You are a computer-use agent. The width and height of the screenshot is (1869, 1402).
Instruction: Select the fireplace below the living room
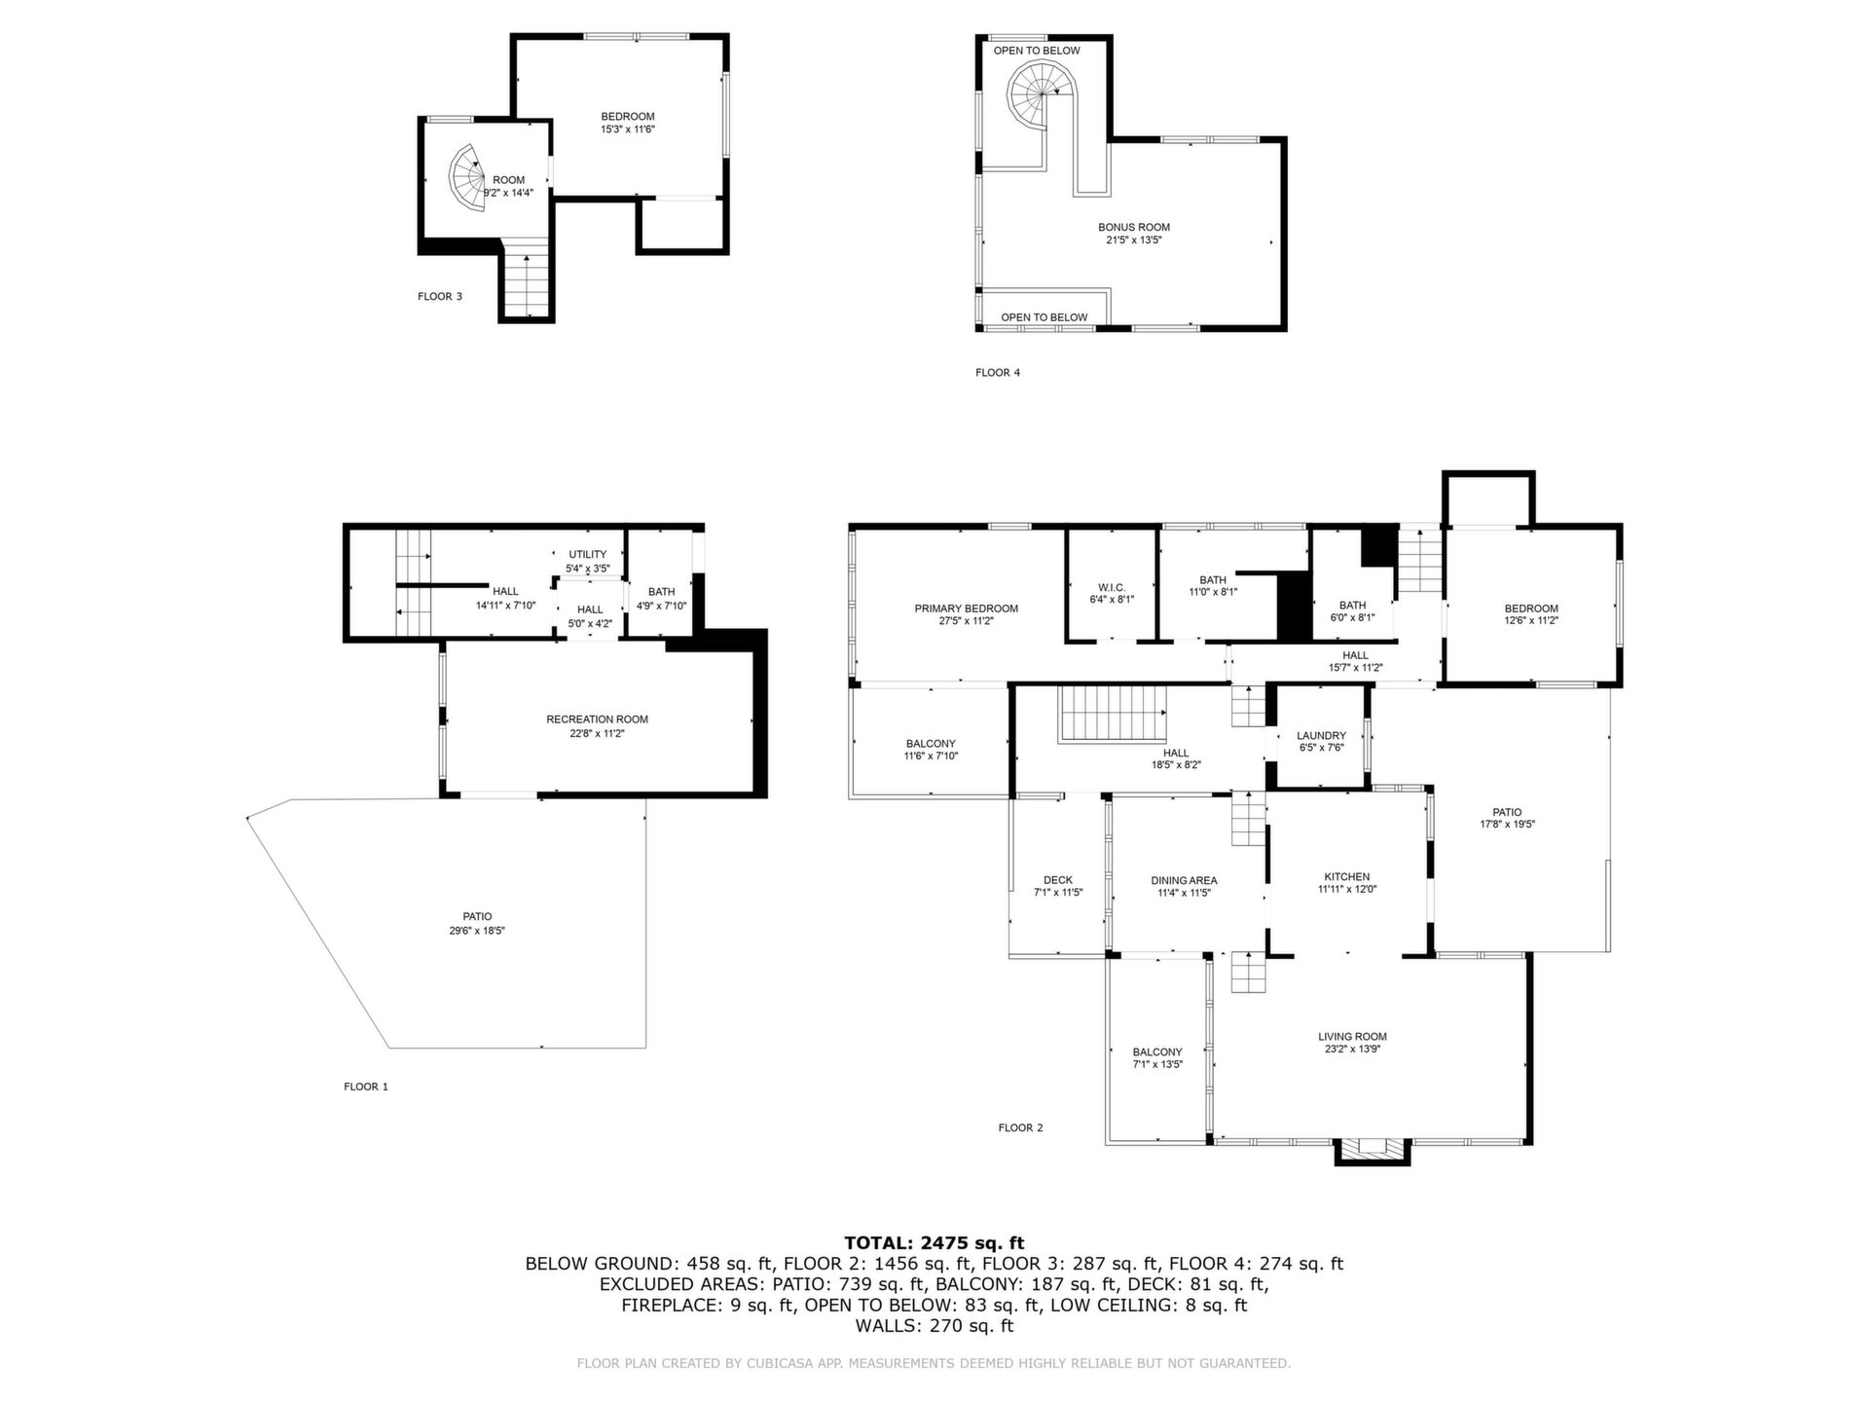pos(1372,1152)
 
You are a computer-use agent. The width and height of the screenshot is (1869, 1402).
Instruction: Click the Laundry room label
pos(1321,736)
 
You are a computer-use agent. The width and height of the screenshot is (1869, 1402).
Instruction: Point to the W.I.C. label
pos(1112,588)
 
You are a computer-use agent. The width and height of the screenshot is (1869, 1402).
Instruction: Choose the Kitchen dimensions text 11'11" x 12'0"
pos(1347,889)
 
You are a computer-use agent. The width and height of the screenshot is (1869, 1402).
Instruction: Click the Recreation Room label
pos(597,719)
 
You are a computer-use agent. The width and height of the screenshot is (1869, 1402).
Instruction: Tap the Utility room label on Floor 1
pos(588,554)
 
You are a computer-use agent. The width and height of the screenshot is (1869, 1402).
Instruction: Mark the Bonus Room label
pos(1134,227)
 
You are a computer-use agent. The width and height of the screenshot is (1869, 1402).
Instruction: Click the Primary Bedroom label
pos(966,609)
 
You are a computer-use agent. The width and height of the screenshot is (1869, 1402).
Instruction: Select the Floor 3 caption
pos(440,296)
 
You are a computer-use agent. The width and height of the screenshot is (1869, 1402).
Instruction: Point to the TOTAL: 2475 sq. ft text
pos(934,1242)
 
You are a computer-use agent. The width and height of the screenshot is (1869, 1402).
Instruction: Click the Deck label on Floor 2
pos(1058,880)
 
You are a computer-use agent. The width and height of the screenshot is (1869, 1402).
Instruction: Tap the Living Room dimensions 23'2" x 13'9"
pos(1353,1049)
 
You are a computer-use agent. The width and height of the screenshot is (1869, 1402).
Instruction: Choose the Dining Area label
pos(1184,880)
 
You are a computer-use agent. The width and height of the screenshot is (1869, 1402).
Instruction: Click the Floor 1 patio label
pos(477,916)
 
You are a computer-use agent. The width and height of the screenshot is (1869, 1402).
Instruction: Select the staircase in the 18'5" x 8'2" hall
pos(1113,713)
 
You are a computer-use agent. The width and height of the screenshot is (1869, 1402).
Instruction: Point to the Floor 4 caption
pos(998,372)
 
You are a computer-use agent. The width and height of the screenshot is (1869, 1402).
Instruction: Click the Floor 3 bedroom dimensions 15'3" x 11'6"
pos(628,129)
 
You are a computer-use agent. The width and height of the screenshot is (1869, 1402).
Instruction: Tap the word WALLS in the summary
pos(886,1326)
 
